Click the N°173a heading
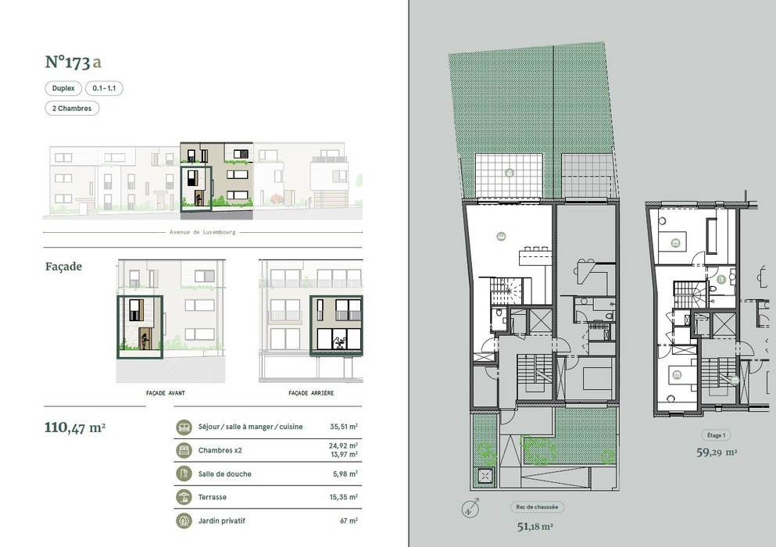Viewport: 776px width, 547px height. click(73, 62)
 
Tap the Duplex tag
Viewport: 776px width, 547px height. click(63, 88)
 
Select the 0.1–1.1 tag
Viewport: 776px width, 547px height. click(104, 88)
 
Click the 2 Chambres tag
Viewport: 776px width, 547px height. click(72, 108)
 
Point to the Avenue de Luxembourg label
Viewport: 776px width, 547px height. click(202, 231)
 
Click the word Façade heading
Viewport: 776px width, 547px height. click(63, 266)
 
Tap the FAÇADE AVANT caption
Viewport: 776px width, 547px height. click(166, 393)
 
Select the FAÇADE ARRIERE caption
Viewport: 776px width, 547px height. click(311, 393)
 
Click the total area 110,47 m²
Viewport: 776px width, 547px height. click(75, 427)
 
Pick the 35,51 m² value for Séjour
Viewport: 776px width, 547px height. click(344, 426)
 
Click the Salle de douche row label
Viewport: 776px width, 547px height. click(225, 474)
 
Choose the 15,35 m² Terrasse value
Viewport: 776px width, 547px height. click(344, 497)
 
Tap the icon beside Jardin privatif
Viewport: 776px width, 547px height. click(184, 520)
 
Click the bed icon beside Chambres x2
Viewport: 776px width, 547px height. click(184, 450)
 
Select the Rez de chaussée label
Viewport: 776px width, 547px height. click(537, 507)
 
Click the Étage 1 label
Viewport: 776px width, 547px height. click(716, 435)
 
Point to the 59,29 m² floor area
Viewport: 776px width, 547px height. click(717, 452)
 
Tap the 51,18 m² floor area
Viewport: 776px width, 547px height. click(535, 527)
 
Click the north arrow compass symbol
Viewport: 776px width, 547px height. click(470, 509)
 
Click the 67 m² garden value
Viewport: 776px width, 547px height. click(349, 520)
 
